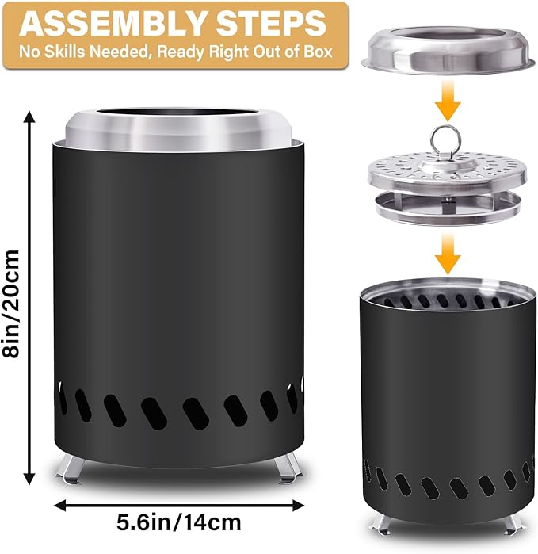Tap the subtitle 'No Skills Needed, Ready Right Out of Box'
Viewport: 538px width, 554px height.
[x=174, y=55]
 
